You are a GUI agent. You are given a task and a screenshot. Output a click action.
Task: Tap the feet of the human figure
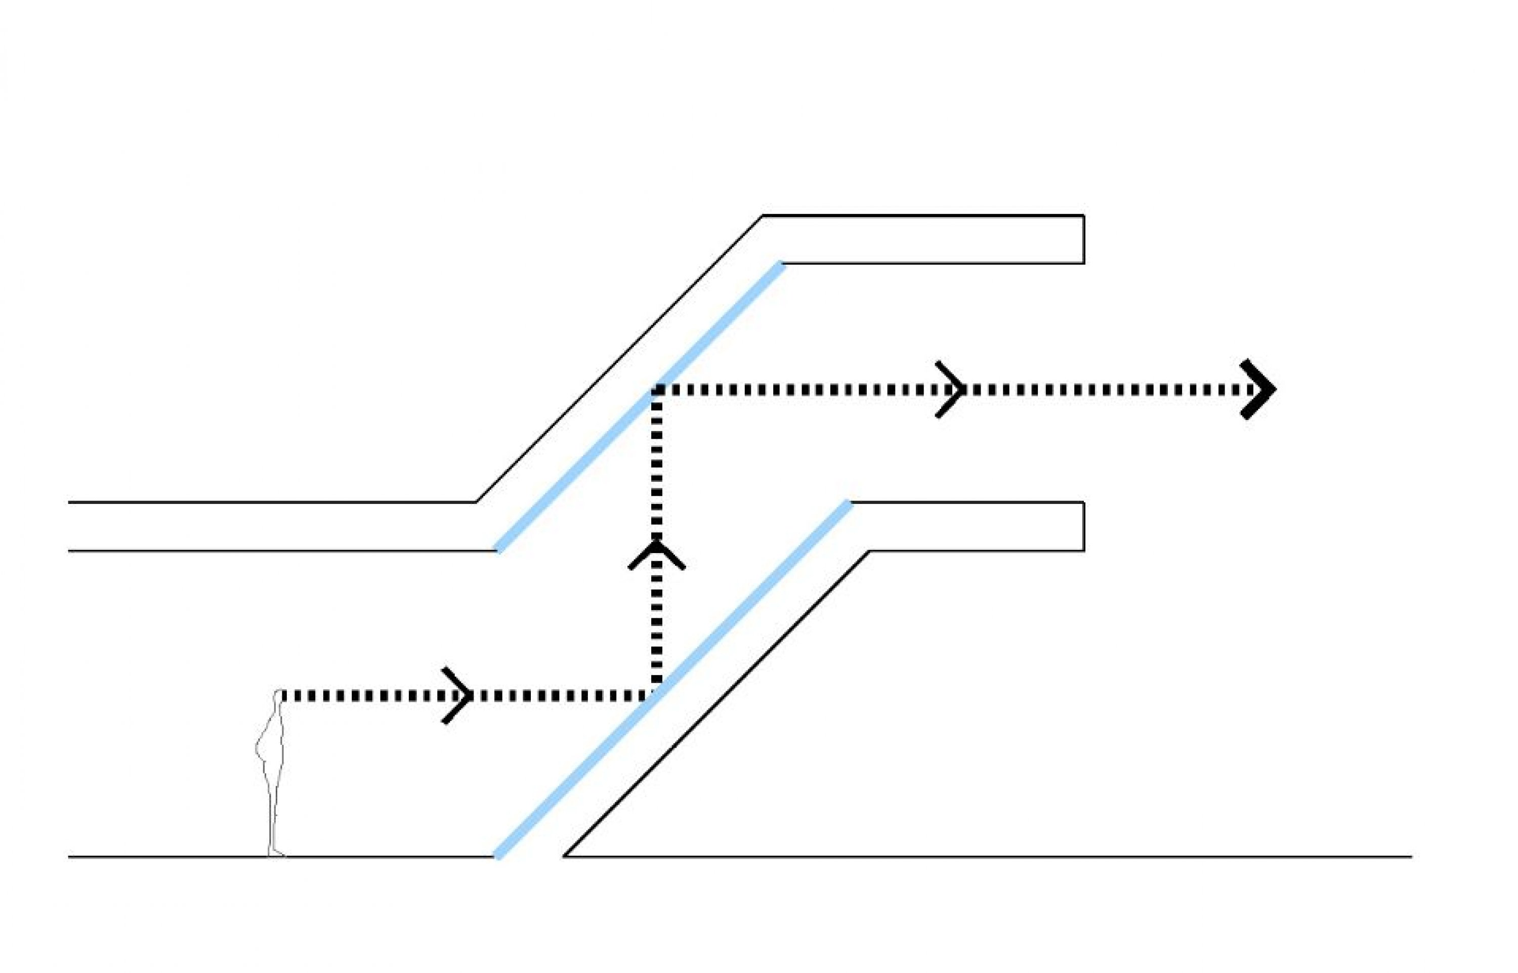tap(276, 854)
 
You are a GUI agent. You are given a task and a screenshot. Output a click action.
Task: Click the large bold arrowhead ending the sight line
tap(1260, 389)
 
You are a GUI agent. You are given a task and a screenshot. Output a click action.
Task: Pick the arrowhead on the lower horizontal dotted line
tap(460, 696)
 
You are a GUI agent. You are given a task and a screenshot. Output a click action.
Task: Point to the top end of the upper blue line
tap(782, 264)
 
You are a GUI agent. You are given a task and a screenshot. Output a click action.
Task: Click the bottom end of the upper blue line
tap(498, 549)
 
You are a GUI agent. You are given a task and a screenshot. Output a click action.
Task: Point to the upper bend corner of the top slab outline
tap(763, 216)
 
